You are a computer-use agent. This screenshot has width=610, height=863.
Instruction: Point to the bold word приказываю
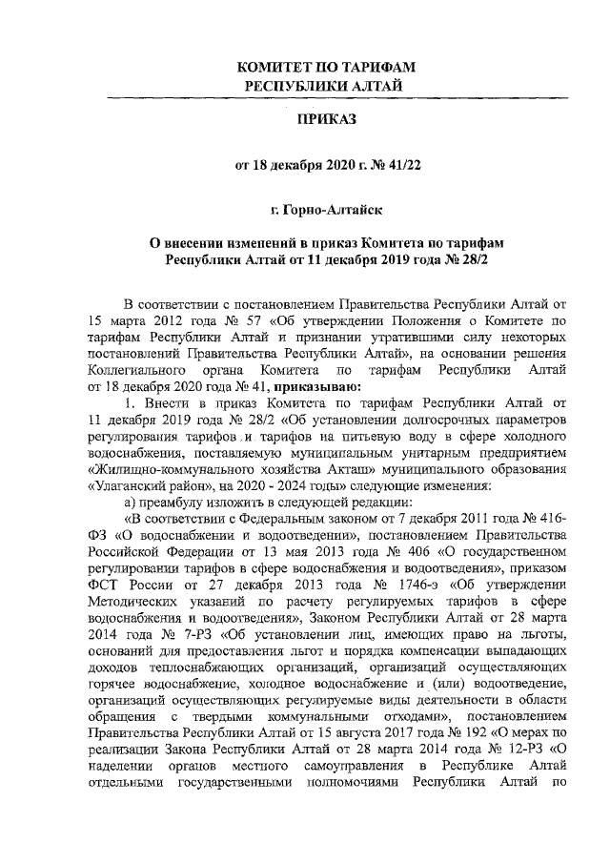coord(316,386)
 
